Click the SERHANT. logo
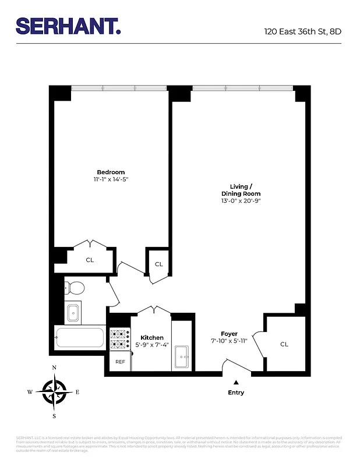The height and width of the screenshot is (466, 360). [x=68, y=26]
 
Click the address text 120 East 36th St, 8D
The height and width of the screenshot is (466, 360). [x=302, y=32]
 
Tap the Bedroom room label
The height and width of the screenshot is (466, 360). [x=111, y=172]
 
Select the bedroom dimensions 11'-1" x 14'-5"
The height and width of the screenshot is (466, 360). [x=111, y=179]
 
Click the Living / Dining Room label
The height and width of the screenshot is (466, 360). [x=241, y=190]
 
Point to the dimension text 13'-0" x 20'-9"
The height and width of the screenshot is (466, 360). [x=241, y=201]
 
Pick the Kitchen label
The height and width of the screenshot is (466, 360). [x=152, y=338]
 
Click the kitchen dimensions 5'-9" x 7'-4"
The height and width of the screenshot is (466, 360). [x=152, y=345]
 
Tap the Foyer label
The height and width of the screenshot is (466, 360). [x=229, y=334]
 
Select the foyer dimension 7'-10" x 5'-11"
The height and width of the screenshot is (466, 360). [x=229, y=341]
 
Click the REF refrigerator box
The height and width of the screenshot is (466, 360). [x=120, y=362]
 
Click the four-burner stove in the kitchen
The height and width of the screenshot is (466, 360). [x=119, y=339]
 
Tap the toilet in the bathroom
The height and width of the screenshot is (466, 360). [x=75, y=287]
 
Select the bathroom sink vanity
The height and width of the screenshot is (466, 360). [x=73, y=313]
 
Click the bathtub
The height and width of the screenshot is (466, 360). [x=80, y=338]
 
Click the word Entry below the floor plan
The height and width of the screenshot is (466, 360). [x=236, y=393]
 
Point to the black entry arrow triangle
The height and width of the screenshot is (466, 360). [x=236, y=382]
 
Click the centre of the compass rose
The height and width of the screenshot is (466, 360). [x=54, y=391]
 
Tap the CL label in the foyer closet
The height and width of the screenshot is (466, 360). [x=284, y=344]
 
